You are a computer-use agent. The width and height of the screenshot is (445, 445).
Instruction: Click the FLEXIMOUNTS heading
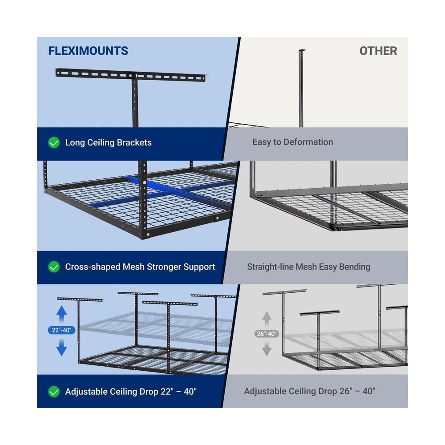tap(88, 51)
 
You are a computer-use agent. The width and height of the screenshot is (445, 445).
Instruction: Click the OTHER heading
tap(378, 51)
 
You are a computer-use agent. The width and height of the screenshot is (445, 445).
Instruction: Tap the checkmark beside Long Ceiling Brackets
tap(54, 143)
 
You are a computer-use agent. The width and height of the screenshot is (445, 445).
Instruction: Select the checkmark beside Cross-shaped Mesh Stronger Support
tap(54, 267)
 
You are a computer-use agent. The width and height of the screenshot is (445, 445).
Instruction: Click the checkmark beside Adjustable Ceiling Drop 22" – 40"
tap(54, 392)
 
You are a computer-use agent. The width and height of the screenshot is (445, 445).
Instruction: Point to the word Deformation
tap(309, 142)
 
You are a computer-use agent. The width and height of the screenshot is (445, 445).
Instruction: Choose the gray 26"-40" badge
tap(267, 334)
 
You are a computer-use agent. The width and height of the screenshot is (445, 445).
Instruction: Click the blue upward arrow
tap(62, 313)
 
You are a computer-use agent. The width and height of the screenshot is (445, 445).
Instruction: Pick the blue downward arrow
tap(62, 347)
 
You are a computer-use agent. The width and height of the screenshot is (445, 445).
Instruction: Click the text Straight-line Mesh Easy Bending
tap(309, 267)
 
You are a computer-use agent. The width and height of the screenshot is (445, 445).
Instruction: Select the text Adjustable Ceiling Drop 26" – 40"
tap(310, 392)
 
